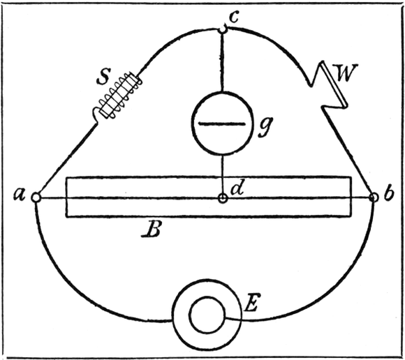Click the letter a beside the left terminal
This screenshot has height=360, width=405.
coord(20,195)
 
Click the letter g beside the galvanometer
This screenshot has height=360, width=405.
coord(265,127)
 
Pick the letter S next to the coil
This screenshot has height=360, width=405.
coord(103,76)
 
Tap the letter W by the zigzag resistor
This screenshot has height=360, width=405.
coord(345,73)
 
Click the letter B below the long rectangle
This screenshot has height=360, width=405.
coord(152,229)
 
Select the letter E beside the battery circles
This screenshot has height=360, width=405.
coord(251,303)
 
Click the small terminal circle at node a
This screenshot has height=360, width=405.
coord(36,197)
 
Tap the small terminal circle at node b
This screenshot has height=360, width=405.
coord(373,197)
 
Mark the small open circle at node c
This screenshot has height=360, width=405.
coord(223,29)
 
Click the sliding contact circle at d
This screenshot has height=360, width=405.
coord(222,198)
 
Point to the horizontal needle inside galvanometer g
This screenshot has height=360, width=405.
coord(222,124)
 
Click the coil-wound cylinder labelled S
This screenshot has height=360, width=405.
coord(119,96)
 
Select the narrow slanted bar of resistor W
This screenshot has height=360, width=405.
coord(334,84)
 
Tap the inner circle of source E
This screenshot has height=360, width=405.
coord(207,315)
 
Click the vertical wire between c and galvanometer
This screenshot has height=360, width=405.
coord(222,62)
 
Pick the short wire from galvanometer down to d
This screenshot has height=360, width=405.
coord(222,174)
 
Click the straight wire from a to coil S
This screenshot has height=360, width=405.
coord(68,158)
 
